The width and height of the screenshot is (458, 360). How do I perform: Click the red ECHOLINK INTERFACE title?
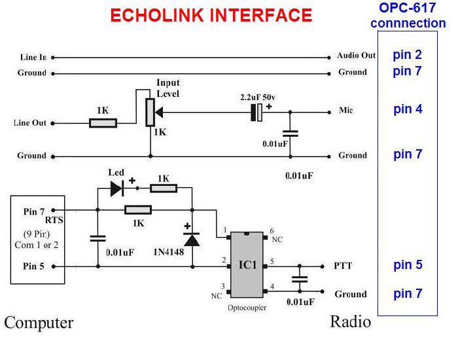pos(211,15)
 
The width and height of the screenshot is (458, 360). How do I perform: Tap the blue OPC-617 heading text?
pos(408,8)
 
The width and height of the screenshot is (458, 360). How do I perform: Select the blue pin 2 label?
pos(407,54)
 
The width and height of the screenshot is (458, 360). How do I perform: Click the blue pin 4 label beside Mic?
pos(408,109)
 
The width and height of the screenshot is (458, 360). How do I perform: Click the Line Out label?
pos(30,123)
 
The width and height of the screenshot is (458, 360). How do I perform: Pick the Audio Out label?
pos(356,56)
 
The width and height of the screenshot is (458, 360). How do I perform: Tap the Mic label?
pos(346,111)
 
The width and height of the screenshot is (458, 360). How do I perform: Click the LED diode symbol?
pos(116,189)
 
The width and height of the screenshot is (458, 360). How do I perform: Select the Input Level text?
pos(167,88)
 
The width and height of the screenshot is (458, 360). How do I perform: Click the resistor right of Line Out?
pos(103,122)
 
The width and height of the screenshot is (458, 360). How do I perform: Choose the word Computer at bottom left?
pos(39,323)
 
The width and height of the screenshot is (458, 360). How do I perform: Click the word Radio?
pos(350,321)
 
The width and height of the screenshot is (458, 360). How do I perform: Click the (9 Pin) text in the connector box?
pos(36,234)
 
